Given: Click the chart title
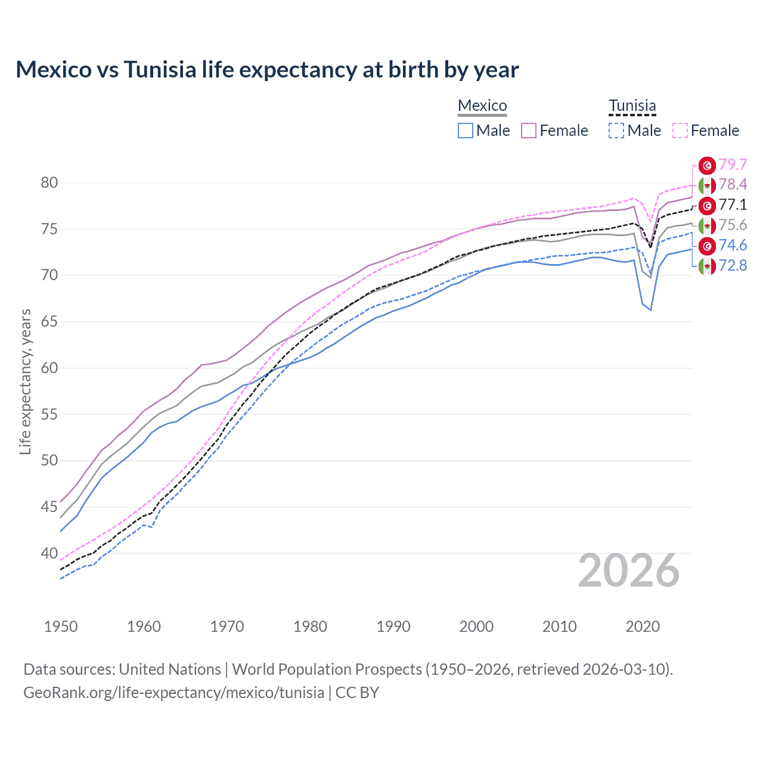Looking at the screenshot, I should point(267,70).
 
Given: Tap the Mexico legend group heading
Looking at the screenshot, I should point(482,106).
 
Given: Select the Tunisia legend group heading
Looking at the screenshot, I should point(632,106).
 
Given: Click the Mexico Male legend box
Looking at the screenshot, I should point(466,131).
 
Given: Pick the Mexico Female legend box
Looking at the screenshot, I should point(529,131).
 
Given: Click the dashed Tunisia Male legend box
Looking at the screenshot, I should point(616,131).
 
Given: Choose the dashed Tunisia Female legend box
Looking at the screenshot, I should point(680,131).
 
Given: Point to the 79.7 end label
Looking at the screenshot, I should point(733,165).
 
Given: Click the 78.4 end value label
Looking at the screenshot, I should point(733,185).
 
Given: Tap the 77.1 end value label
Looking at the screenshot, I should point(733,205).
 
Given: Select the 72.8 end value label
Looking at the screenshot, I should point(733,266).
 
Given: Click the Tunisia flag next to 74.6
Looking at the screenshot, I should point(707,246).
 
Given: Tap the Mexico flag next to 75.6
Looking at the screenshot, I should point(707,225).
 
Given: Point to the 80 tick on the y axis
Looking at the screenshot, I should point(49,183).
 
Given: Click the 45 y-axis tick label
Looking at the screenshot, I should point(49,507).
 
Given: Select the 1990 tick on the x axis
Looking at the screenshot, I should point(393,626).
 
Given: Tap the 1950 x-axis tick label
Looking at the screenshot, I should point(61,626).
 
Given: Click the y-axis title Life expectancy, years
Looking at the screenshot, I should point(25,381).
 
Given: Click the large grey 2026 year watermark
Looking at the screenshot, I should point(628,570).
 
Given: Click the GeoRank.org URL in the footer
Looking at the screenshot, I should point(173,693).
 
